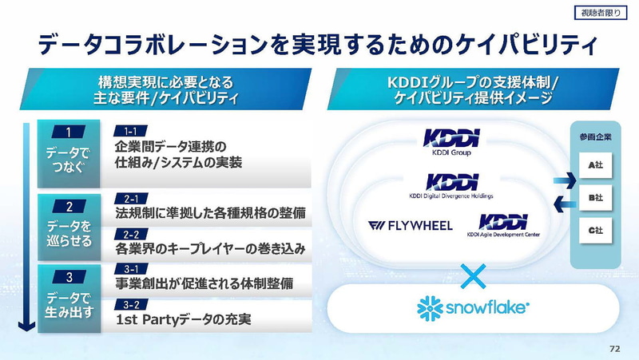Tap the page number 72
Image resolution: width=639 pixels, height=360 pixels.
614,348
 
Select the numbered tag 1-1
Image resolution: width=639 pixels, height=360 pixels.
132,130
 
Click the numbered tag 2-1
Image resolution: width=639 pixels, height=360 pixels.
132,198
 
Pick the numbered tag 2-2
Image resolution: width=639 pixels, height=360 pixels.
132,234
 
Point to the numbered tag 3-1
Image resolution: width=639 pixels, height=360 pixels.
132,268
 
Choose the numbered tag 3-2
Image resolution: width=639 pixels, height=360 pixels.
132,304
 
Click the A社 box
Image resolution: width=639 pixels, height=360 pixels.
595,164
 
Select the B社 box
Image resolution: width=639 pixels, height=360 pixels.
595,197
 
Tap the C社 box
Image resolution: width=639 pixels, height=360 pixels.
595,230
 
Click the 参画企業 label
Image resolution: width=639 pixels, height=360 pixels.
595,136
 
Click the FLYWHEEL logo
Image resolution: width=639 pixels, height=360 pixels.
411,225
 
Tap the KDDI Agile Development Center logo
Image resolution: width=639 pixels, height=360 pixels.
503,226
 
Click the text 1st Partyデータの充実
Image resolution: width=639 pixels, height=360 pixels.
184,320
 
